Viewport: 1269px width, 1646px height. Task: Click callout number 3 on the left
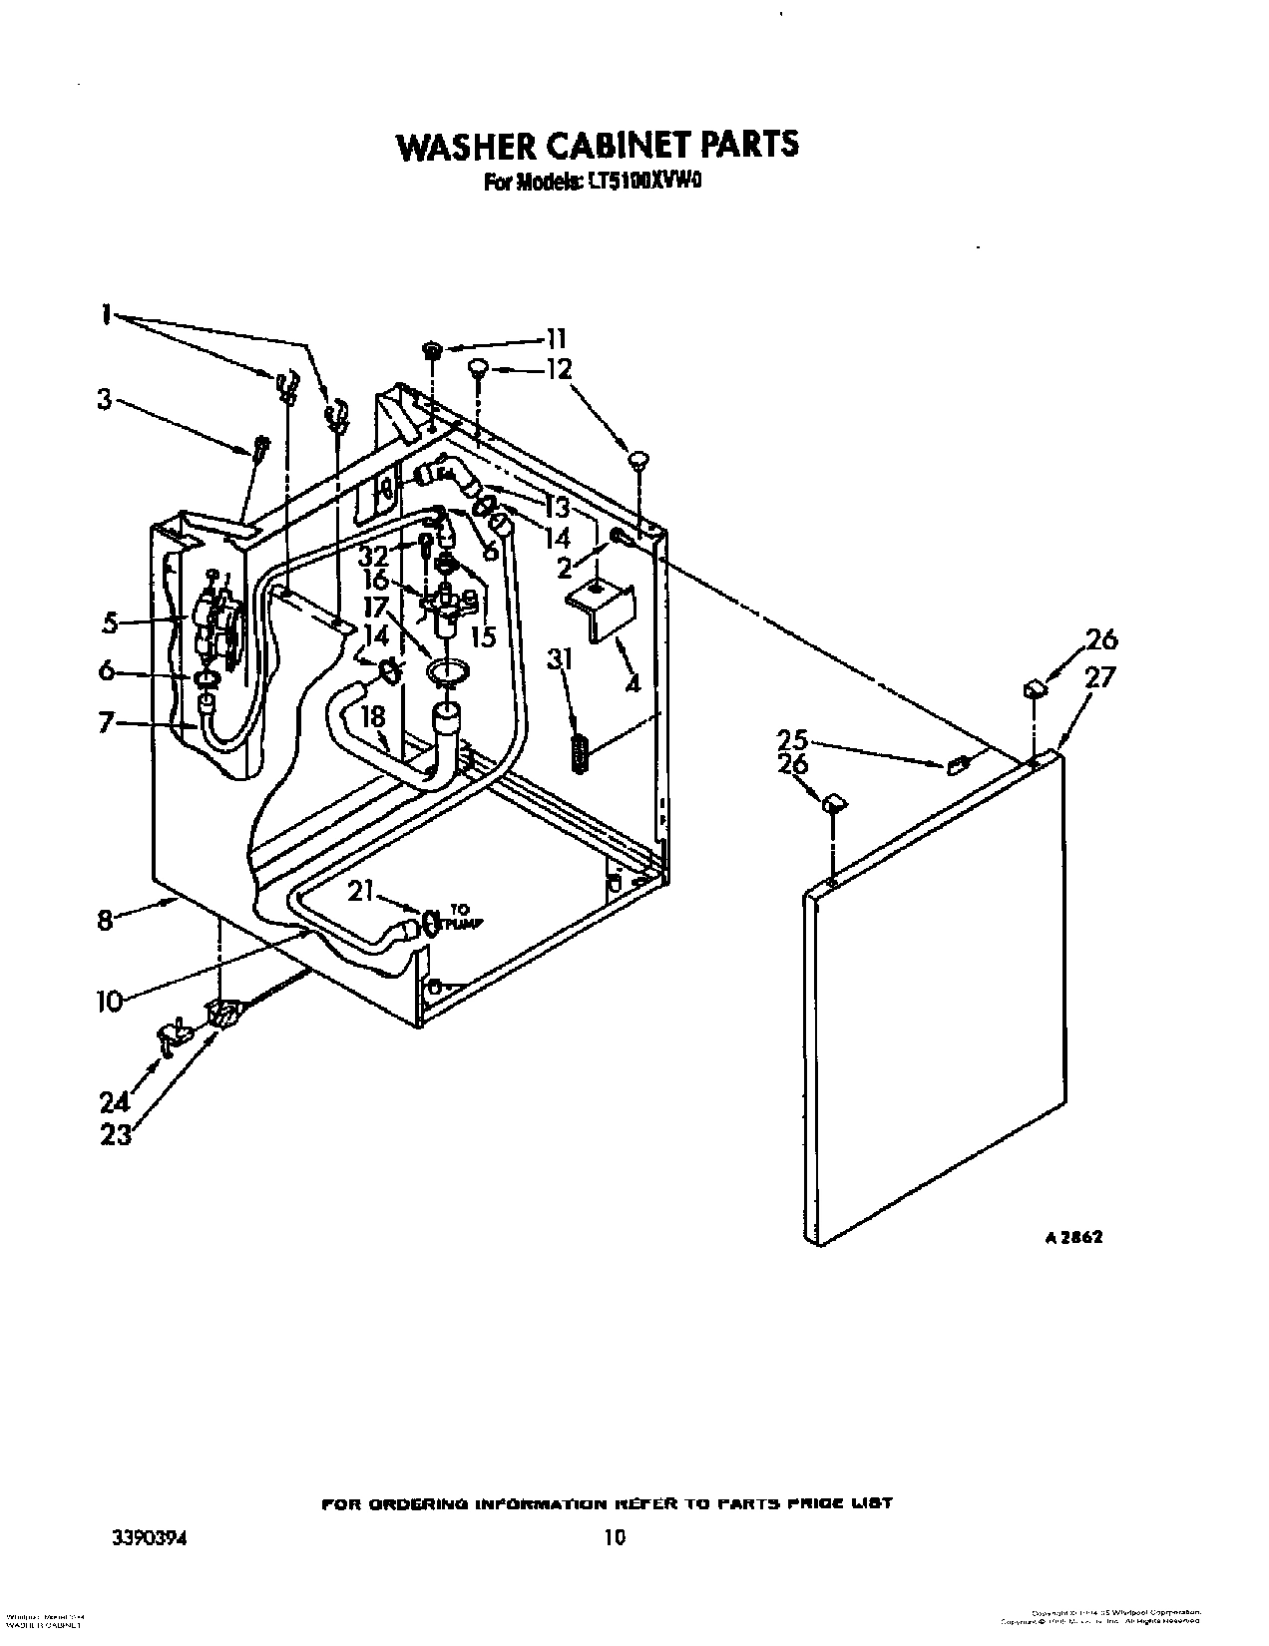click(x=104, y=400)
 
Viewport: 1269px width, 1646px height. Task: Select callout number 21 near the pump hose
click(x=360, y=891)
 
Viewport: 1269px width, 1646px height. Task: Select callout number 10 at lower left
click(x=109, y=999)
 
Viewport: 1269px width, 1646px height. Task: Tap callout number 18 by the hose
click(x=372, y=717)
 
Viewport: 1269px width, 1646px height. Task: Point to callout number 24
click(x=116, y=1101)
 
